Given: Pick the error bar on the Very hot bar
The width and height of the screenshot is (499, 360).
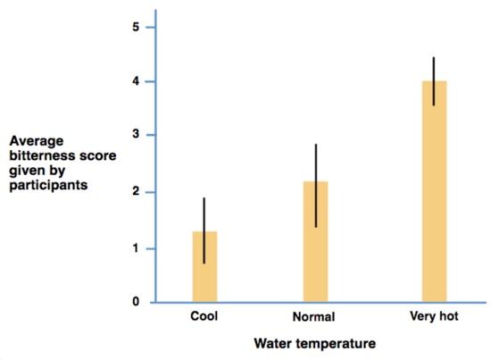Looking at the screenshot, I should point(434,71).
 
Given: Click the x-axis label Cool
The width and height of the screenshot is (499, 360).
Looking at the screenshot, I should point(204,316).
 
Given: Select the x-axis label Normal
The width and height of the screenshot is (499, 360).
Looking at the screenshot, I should point(314,317).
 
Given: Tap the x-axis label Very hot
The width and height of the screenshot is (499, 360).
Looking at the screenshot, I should point(434,316).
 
